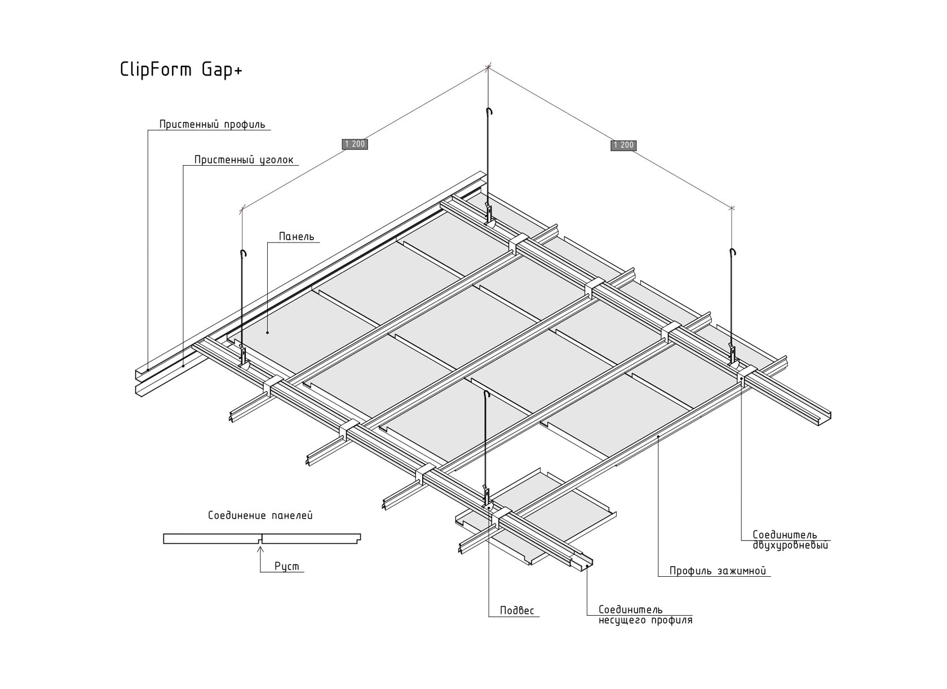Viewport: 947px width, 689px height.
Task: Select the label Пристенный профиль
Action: [x=212, y=125]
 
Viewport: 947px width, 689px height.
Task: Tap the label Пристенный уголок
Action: [x=244, y=160]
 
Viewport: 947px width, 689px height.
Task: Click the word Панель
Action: [x=297, y=236]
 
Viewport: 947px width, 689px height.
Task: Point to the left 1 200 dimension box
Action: [x=355, y=144]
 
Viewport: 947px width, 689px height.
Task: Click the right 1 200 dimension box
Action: [x=623, y=145]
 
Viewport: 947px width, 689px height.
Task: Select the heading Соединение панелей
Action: [x=260, y=515]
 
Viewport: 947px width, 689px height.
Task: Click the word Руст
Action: [x=286, y=566]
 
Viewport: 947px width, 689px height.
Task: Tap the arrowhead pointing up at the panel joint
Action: [x=260, y=549]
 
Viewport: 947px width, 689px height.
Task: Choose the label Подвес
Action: [x=517, y=610]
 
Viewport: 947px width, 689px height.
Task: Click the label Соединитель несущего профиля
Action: [x=645, y=615]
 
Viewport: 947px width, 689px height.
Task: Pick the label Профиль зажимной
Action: [x=718, y=571]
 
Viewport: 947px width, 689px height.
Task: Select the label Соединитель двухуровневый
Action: [x=790, y=540]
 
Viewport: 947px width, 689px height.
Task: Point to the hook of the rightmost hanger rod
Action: [x=733, y=252]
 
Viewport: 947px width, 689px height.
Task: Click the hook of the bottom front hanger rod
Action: [x=486, y=394]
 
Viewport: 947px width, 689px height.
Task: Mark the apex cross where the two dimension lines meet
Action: [x=488, y=67]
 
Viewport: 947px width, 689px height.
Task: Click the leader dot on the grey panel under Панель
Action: [x=268, y=333]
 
